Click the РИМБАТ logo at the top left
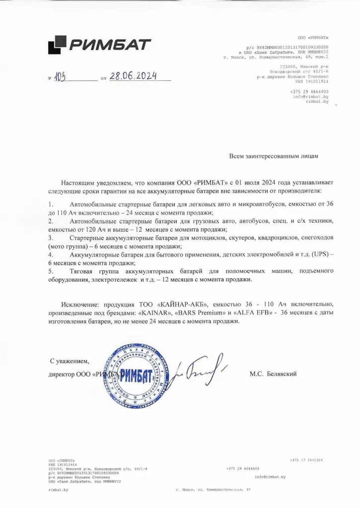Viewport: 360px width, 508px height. pos(99,46)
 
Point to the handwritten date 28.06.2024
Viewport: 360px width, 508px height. pos(133,76)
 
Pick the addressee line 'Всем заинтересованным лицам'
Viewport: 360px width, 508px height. pos(273,155)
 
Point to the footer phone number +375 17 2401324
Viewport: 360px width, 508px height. pos(306,460)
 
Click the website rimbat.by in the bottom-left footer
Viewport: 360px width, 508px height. pos(58,489)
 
